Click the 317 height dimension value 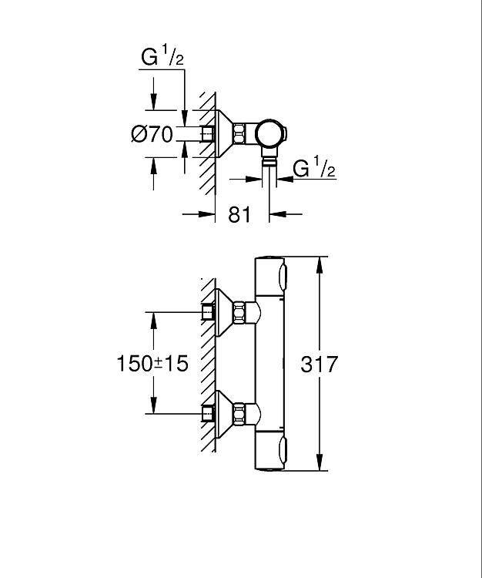pyautogui.click(x=319, y=364)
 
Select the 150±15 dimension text pyautogui.click(x=152, y=364)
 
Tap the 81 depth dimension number pyautogui.click(x=239, y=214)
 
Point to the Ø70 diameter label pyautogui.click(x=152, y=134)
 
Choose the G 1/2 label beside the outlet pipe pyautogui.click(x=314, y=168)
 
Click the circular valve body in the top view pyautogui.click(x=269, y=134)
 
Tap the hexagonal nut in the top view pyautogui.click(x=239, y=134)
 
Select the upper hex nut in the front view pyautogui.click(x=239, y=312)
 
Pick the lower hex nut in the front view pyautogui.click(x=239, y=414)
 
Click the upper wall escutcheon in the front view pyautogui.click(x=224, y=312)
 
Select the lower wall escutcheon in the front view pyautogui.click(x=224, y=414)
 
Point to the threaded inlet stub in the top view pyautogui.click(x=208, y=134)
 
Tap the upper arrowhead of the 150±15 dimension pyautogui.click(x=153, y=321)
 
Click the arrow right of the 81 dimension pyautogui.click(x=286, y=213)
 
